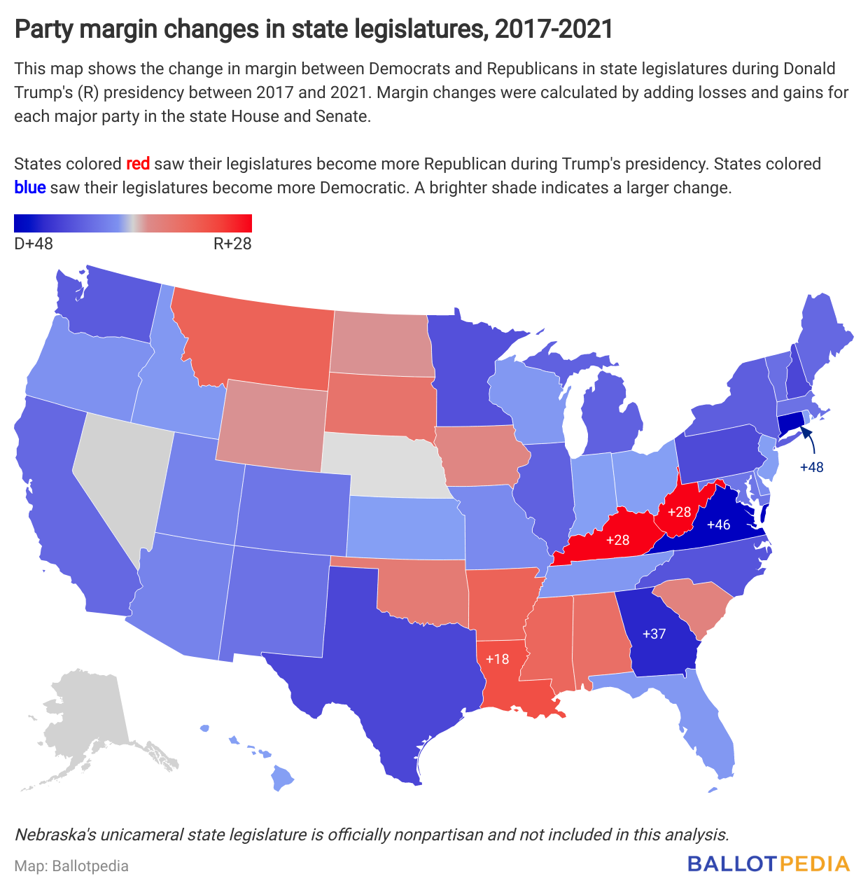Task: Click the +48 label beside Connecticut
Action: point(812,467)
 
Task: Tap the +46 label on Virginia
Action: point(718,525)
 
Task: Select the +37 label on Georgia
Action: point(654,634)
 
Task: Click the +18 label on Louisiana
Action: point(497,659)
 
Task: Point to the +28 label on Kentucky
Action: point(617,540)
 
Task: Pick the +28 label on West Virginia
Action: point(679,512)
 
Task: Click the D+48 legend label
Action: point(34,244)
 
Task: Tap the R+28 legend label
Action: point(232,244)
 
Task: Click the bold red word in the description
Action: point(138,164)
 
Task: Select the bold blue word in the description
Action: point(30,188)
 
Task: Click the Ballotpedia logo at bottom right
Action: point(768,863)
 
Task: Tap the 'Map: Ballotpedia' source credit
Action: point(71,866)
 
